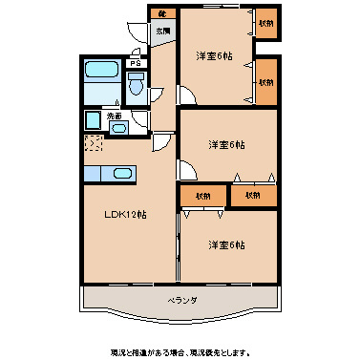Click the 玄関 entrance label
(164, 32)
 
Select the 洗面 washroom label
(115, 116)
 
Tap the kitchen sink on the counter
(118, 173)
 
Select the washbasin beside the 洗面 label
(93, 121)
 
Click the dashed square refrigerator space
(93, 144)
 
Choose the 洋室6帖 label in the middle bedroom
(226, 144)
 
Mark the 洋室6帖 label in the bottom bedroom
(226, 244)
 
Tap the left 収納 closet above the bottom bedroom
(204, 195)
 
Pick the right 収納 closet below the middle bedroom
(252, 195)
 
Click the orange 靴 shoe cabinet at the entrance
(162, 13)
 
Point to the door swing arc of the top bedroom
(187, 96)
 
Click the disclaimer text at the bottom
(180, 351)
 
